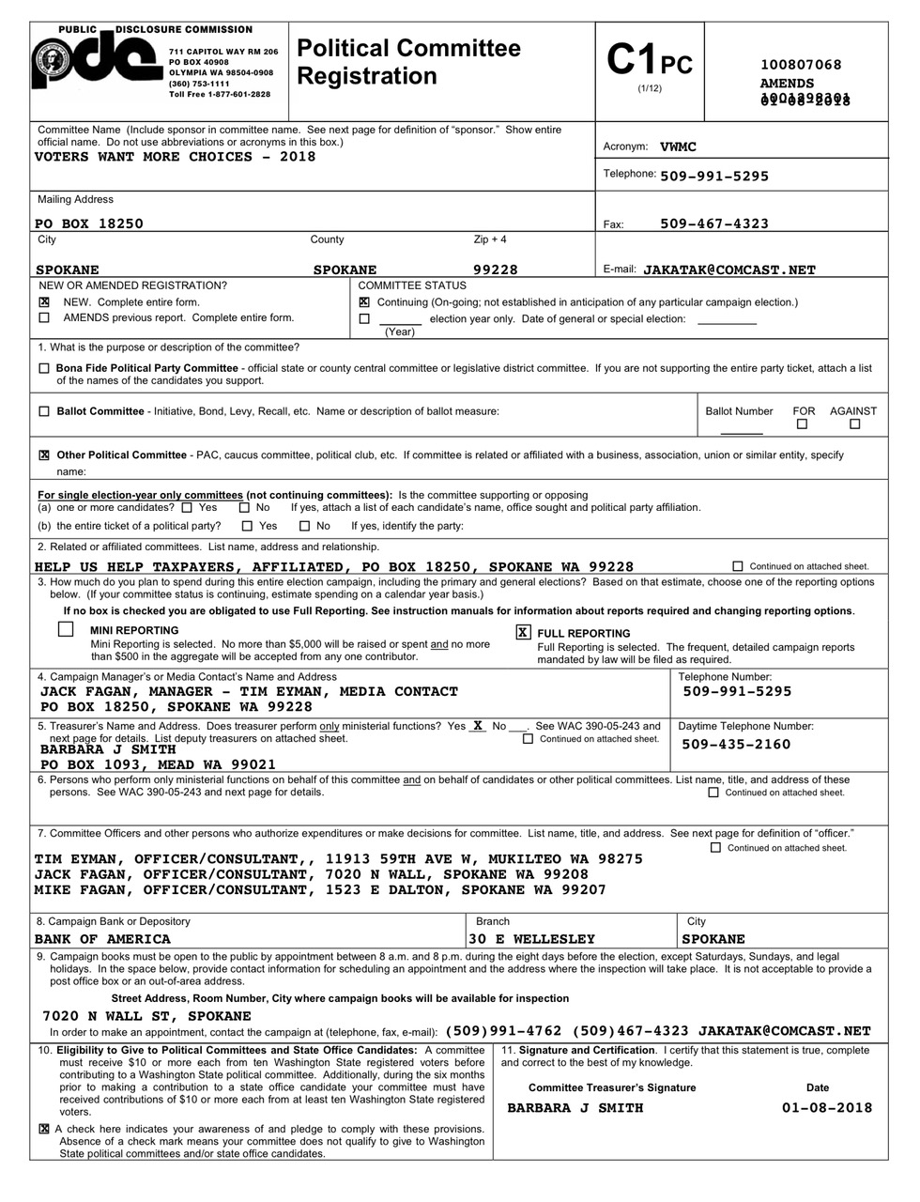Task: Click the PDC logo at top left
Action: point(94,64)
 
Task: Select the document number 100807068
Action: point(801,65)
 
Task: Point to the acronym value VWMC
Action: point(678,146)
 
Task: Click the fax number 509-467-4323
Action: point(714,223)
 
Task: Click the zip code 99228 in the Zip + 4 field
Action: point(495,270)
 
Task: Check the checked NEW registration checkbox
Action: point(44,302)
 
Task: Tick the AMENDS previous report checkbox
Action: point(44,317)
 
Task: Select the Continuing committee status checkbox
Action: point(364,302)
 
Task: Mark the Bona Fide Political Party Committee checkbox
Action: point(44,368)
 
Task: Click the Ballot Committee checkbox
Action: point(44,411)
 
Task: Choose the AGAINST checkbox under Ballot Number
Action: point(854,424)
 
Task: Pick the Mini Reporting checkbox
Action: point(66,629)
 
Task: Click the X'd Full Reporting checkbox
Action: point(523,633)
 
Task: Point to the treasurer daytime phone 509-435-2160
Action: point(736,745)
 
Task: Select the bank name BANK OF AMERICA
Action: point(102,939)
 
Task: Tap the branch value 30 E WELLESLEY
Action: point(531,939)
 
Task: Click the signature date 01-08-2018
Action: point(826,1108)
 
